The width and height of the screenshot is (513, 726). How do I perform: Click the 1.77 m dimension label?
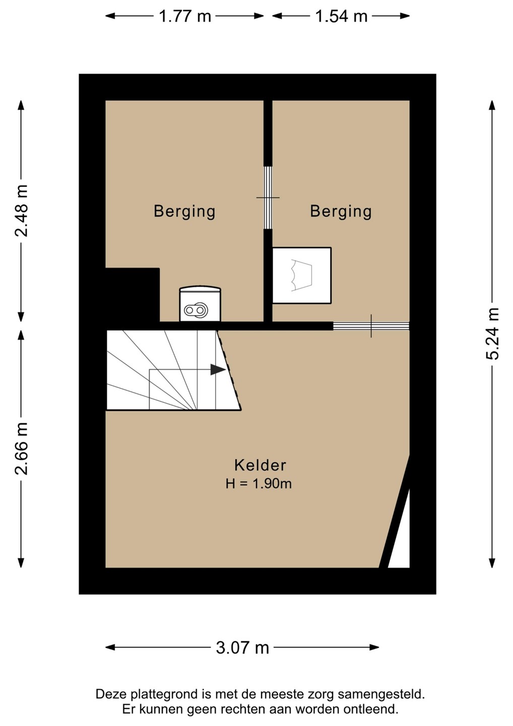pos(184,16)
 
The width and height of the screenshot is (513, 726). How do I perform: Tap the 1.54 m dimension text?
pos(341,16)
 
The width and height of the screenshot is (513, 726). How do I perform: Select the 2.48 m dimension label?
pos(21,211)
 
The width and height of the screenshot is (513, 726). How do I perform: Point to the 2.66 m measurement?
pos(21,449)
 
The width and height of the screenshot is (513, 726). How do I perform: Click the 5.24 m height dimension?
pos(492,334)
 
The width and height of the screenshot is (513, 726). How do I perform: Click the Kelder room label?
pos(260,465)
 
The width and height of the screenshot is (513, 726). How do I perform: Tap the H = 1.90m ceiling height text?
pos(259,484)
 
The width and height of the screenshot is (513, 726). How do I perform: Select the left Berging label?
pos(184,211)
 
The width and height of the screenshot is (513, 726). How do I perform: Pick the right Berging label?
pos(341,211)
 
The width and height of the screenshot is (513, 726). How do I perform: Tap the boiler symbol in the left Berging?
pos(201,304)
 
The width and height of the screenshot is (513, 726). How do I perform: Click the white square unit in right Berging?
pos(301,275)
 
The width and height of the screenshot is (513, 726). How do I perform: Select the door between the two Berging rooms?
pos(268,198)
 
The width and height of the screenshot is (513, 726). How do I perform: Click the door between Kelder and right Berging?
pos(371,326)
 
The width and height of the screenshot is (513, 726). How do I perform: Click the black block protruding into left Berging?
pos(133,294)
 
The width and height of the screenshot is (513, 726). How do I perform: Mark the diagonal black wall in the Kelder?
pos(395,511)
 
